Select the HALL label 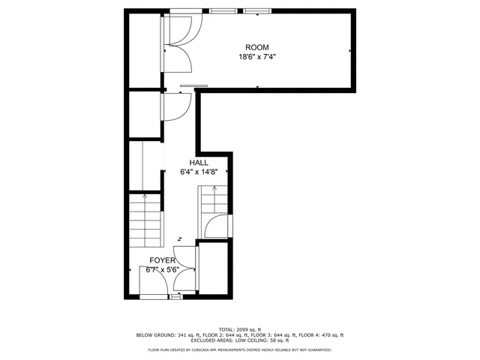(x=199, y=163)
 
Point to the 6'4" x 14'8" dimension (x=199, y=172)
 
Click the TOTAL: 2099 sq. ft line (x=240, y=329)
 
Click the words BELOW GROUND (x=154, y=334)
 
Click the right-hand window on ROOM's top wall (x=256, y=10)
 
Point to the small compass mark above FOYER (x=180, y=240)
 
